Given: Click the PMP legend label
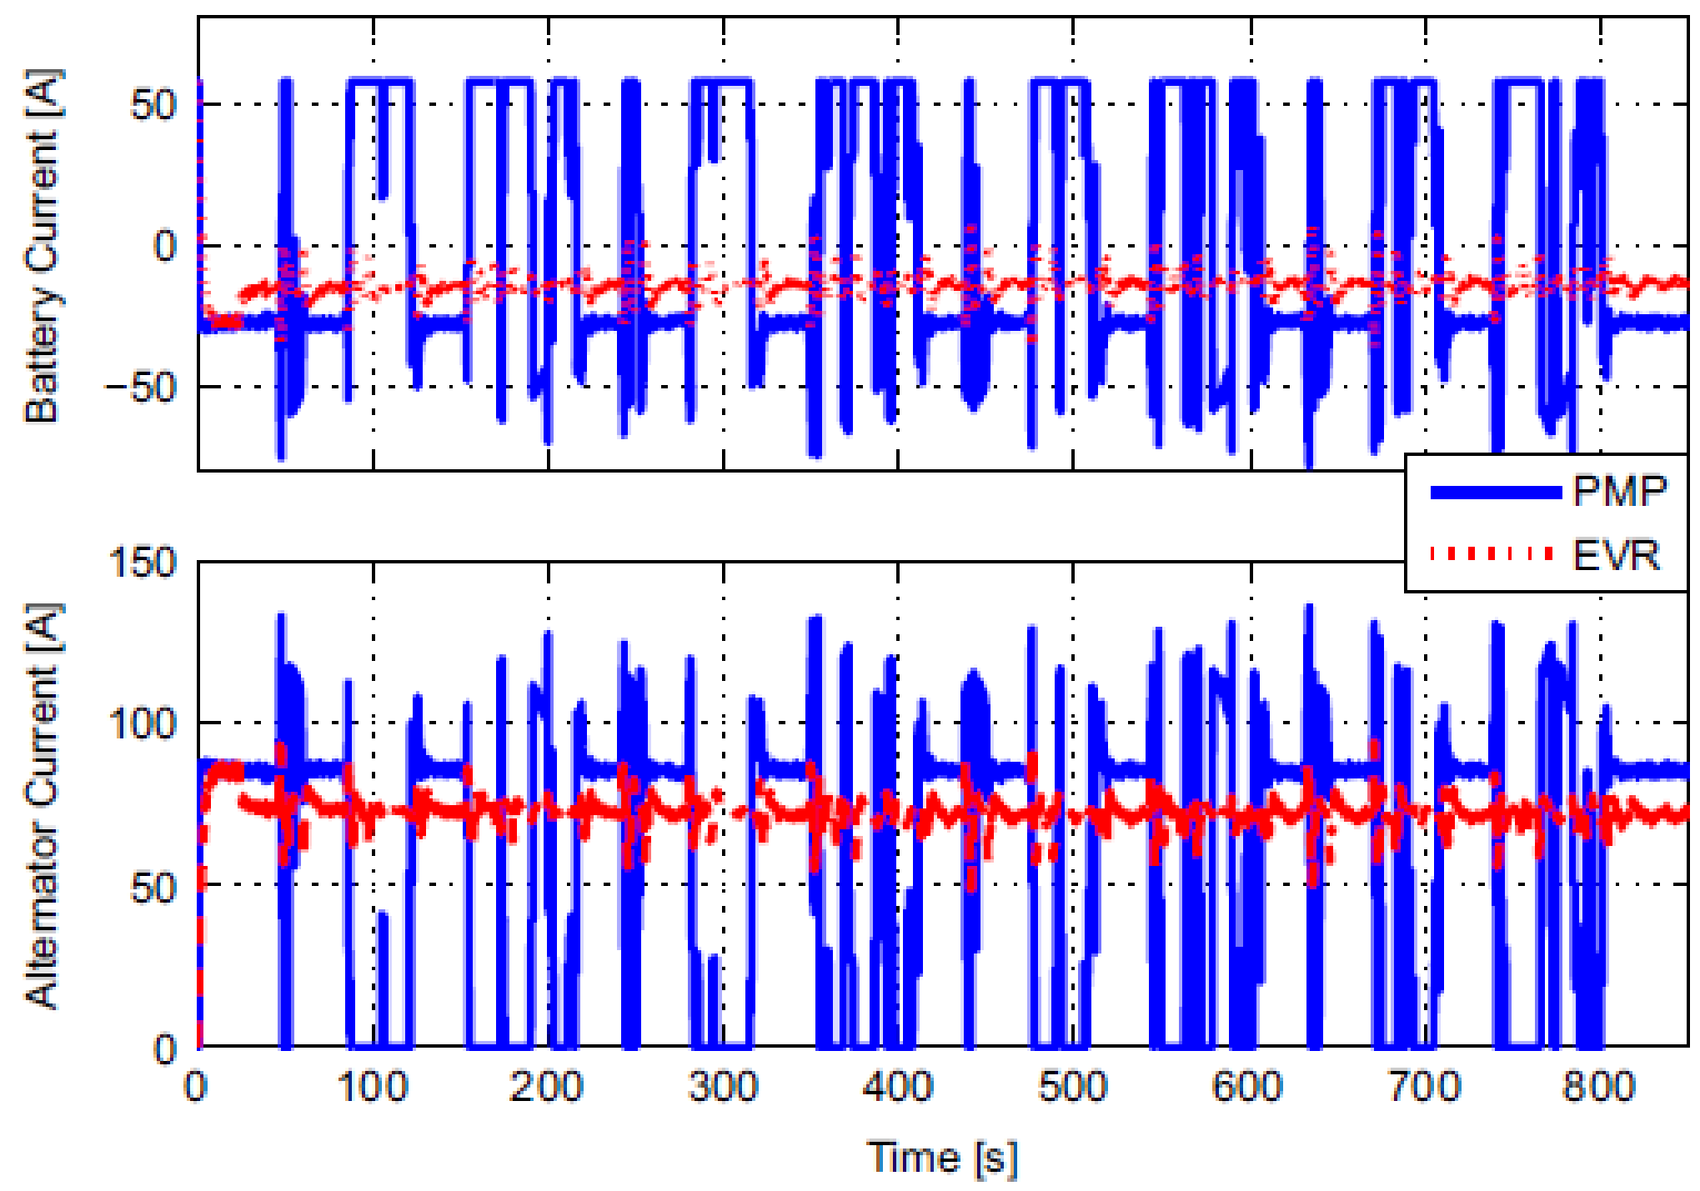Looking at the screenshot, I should [1619, 491].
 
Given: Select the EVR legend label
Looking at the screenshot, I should [1616, 555].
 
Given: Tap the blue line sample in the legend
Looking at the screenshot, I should [1495, 493].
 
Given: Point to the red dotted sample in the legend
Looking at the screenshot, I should [1492, 553].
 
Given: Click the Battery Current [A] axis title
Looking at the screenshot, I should [43, 246].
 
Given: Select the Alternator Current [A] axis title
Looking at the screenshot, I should [43, 804].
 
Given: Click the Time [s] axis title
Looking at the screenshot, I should [942, 1158].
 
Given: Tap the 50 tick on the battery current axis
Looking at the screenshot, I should [153, 105].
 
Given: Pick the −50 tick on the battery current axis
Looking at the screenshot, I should [142, 387].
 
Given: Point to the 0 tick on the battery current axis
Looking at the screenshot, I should [165, 246].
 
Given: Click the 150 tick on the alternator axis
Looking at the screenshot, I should [143, 563].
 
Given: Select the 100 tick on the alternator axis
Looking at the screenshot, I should [143, 723].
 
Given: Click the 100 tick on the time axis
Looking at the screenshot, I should [373, 1087].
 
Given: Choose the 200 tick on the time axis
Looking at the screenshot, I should [548, 1087].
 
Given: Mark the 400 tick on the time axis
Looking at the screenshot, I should [898, 1087].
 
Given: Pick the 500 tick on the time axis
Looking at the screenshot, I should [1073, 1087].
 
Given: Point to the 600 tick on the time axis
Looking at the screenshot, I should [1248, 1087].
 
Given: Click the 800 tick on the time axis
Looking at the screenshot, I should [1599, 1087].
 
